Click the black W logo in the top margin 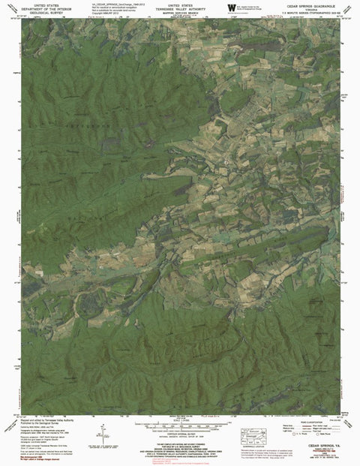[x=231, y=8]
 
